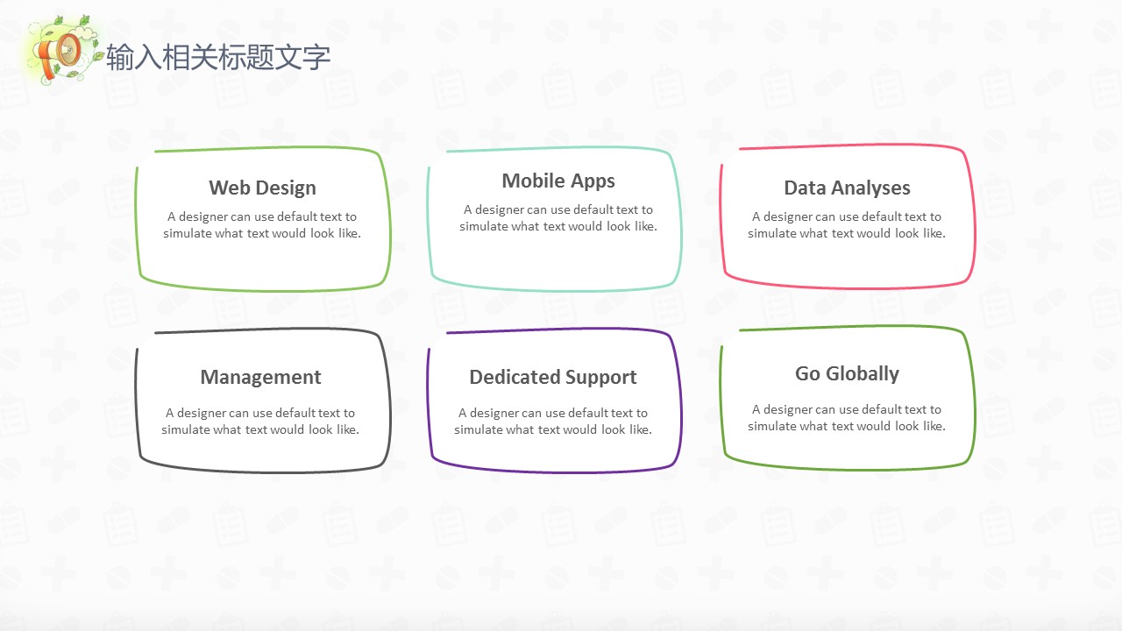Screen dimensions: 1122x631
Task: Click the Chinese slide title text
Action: [x=218, y=57]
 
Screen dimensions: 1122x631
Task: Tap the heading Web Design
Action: [x=262, y=188]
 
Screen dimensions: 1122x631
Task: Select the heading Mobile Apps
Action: [x=558, y=181]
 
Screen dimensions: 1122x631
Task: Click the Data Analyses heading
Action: [x=847, y=188]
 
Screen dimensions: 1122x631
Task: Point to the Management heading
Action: [x=260, y=378]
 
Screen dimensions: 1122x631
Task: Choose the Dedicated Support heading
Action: [x=553, y=378]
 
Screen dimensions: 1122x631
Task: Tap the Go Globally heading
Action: [x=847, y=374]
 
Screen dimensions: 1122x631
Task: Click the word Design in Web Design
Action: [x=286, y=188]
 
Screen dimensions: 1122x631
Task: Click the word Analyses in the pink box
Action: [x=871, y=188]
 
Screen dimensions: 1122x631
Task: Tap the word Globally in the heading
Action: [x=863, y=374]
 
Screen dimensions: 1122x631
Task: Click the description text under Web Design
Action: [x=262, y=225]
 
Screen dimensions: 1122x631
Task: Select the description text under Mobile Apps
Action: [x=558, y=218]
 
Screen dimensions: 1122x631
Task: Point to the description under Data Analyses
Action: [x=847, y=225]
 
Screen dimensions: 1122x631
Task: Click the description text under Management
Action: [x=260, y=422]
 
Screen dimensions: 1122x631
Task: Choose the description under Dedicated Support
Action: [x=553, y=422]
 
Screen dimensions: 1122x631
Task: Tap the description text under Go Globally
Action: [x=847, y=418]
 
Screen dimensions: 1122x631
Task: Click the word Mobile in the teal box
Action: [x=534, y=181]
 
